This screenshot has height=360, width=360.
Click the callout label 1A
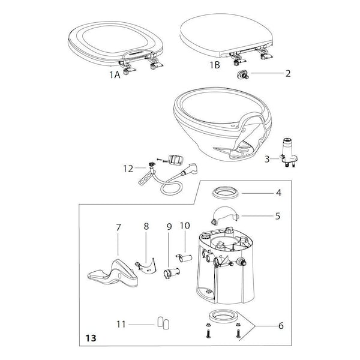116,75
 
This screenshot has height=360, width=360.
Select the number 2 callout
287,74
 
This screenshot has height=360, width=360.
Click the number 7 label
118,228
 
